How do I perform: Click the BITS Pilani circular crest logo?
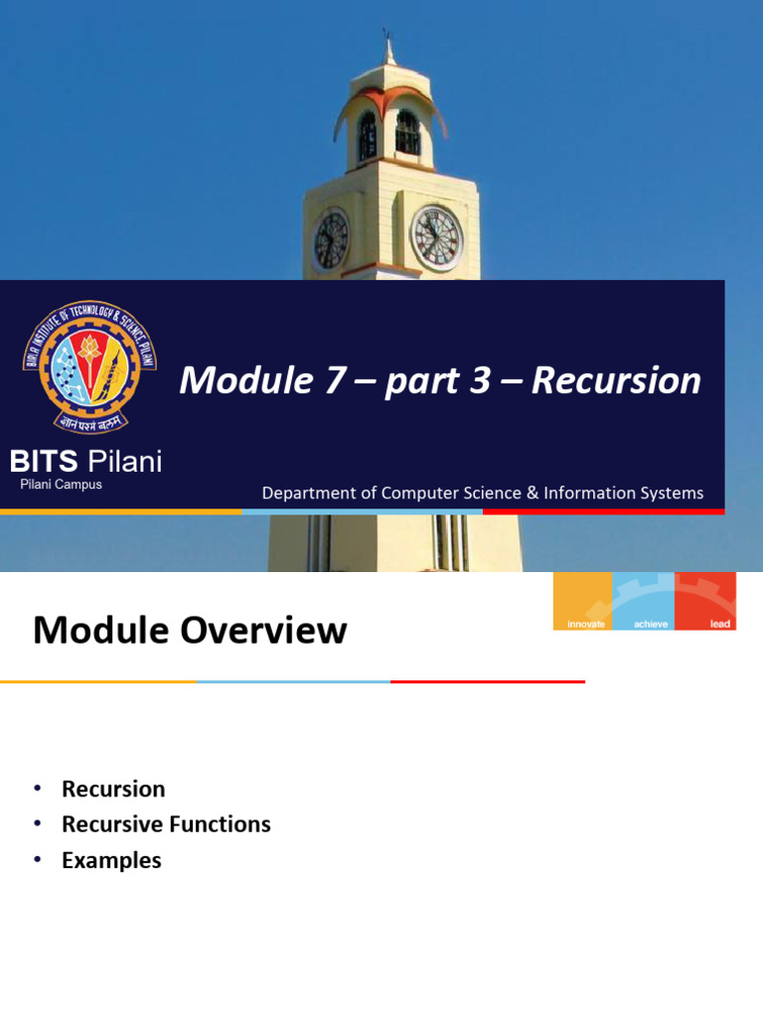click(x=89, y=365)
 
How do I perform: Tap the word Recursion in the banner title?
click(x=616, y=380)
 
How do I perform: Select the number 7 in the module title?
click(x=334, y=380)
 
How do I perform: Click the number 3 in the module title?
click(x=480, y=380)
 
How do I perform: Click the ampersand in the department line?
click(x=533, y=493)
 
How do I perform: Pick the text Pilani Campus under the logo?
click(x=61, y=485)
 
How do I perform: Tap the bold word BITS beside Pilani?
click(x=44, y=462)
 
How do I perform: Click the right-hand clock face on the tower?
click(x=437, y=238)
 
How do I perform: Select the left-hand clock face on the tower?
click(x=331, y=239)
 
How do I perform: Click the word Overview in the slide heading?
click(x=263, y=630)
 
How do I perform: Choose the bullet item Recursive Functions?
click(x=166, y=824)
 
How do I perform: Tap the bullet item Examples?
click(x=111, y=861)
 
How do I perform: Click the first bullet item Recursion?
click(x=113, y=790)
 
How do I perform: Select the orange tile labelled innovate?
click(x=582, y=601)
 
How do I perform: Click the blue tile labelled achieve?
click(x=644, y=601)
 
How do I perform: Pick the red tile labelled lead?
click(x=706, y=601)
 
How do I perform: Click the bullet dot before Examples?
click(x=38, y=859)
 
